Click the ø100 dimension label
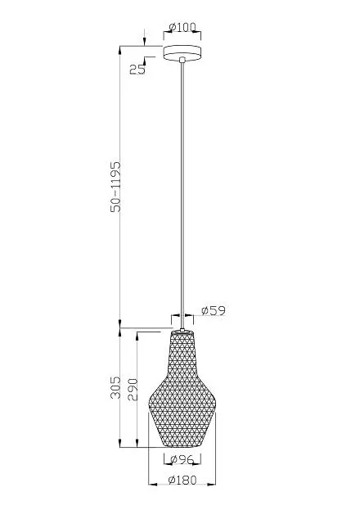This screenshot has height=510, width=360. pos(182,27)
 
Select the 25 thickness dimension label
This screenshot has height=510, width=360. pos(137,69)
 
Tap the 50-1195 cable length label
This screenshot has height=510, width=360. pos(115,187)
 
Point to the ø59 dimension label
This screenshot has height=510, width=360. pos(214,310)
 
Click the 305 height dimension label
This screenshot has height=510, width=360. pos(115,387)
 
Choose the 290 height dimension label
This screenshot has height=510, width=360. pos(133,389)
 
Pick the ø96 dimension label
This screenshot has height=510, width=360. pos(182,459)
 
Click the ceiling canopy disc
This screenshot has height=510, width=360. pos(182,52)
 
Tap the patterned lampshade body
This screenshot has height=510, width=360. pos(182,390)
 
